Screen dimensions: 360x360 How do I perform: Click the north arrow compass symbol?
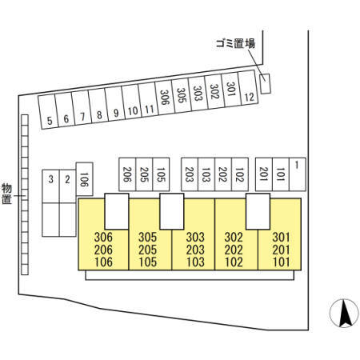click(344, 313)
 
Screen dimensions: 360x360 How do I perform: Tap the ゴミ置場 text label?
click(235, 43)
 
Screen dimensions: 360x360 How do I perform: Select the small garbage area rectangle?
click(265, 84)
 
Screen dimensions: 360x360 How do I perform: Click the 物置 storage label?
click(6, 194)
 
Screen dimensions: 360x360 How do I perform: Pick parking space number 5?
click(48, 112)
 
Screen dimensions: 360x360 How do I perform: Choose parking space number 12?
click(248, 88)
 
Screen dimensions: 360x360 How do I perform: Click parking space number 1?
click(298, 174)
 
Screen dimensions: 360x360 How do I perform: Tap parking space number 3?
click(50, 186)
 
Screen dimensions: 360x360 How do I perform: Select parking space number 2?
click(67, 186)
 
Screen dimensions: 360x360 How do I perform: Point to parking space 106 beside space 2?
click(84, 179)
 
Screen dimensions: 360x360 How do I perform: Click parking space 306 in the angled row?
click(165, 98)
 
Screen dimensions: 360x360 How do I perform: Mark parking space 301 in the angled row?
click(231, 90)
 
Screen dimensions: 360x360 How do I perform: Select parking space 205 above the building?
click(144, 174)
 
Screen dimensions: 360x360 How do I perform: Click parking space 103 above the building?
click(206, 174)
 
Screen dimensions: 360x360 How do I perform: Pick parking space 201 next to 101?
click(264, 174)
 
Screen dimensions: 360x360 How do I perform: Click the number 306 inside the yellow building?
click(103, 237)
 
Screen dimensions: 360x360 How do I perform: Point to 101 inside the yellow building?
click(282, 262)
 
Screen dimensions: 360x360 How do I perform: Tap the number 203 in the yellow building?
click(195, 250)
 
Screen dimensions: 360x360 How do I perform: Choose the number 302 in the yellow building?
click(234, 237)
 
